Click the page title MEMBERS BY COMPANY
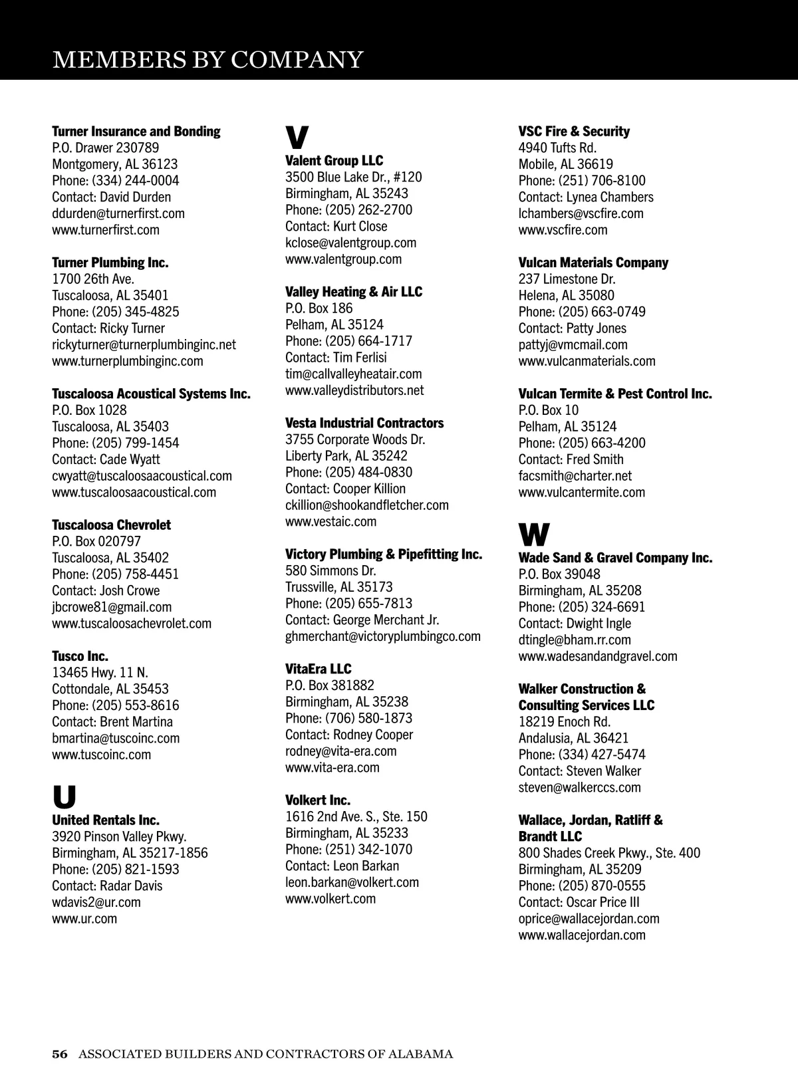207,59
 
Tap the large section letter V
297,138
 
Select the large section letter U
65,796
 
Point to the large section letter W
534,534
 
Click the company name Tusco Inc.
80,656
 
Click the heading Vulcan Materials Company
593,263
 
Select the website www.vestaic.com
331,522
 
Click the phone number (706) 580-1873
368,719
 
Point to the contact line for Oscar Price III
579,902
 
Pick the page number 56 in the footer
60,1054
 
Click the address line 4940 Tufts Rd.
557,148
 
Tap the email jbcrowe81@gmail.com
112,607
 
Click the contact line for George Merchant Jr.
362,620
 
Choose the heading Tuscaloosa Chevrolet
111,525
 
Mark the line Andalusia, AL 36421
573,738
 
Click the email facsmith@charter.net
575,476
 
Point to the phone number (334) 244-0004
136,181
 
